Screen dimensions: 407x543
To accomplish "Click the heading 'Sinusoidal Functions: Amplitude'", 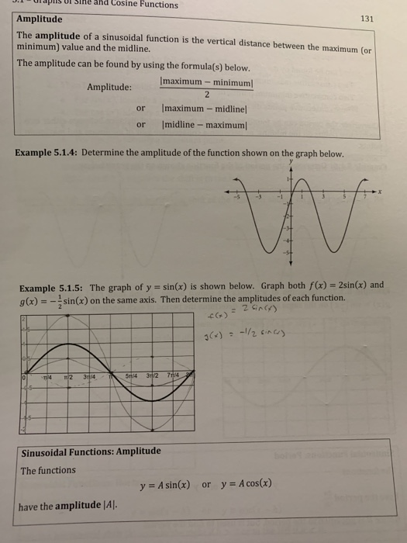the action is pyautogui.click(x=91, y=451).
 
